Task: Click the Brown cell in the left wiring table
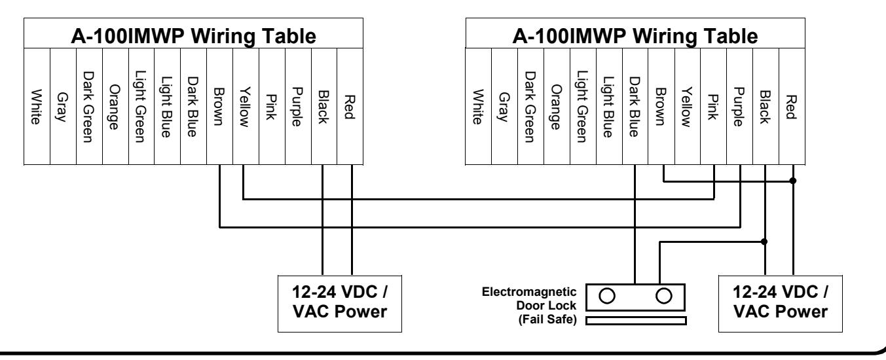[219, 106]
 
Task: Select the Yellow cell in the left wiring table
[246, 106]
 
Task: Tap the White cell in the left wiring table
[37, 106]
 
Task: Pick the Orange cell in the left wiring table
[115, 106]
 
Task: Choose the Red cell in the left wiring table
[350, 106]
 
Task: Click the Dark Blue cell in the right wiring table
[635, 106]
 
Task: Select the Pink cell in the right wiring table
[714, 106]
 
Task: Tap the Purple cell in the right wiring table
[740, 106]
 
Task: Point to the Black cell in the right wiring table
[766, 106]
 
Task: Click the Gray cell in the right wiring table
[504, 106]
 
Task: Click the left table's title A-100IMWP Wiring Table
[193, 36]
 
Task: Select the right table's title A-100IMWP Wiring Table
[635, 36]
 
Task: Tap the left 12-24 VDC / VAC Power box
[340, 304]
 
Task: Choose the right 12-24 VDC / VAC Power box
[781, 304]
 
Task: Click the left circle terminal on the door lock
[607, 296]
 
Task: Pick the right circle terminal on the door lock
[664, 296]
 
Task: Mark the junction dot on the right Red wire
[792, 181]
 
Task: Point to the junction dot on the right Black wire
[764, 242]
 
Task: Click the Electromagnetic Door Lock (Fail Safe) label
[529, 306]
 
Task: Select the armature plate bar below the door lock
[636, 321]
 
